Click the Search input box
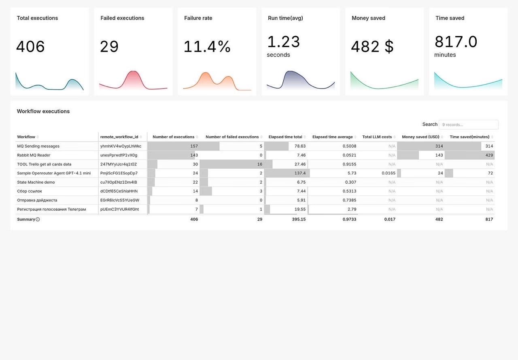pyautogui.click(x=468, y=125)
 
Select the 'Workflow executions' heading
pyautogui.click(x=43, y=111)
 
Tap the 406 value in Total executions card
pyautogui.click(x=30, y=47)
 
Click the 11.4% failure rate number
pyautogui.click(x=207, y=47)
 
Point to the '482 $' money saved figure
pyautogui.click(x=372, y=47)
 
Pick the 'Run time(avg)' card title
pyautogui.click(x=285, y=18)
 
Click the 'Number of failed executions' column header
pyautogui.click(x=232, y=137)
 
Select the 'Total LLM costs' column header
pyautogui.click(x=377, y=137)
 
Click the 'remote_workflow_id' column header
pyautogui.click(x=119, y=137)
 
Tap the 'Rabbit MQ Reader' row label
pyautogui.click(x=34, y=155)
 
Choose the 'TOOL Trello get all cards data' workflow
pyautogui.click(x=44, y=164)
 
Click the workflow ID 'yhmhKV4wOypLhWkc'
pyautogui.click(x=121, y=146)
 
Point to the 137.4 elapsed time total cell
pyautogui.click(x=300, y=173)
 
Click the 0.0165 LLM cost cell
pyautogui.click(x=388, y=173)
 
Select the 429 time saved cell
pyautogui.click(x=489, y=155)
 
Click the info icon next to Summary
pyautogui.click(x=38, y=219)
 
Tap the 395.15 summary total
pyautogui.click(x=299, y=219)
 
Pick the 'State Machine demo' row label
pyautogui.click(x=36, y=182)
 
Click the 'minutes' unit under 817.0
pyautogui.click(x=445, y=55)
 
